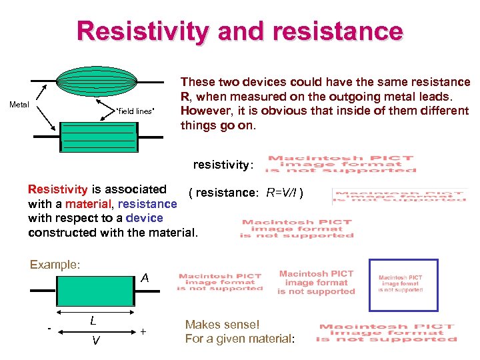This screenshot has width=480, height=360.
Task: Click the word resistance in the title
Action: (329, 31)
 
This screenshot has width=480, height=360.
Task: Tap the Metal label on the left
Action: (19, 104)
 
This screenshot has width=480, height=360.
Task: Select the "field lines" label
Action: (135, 111)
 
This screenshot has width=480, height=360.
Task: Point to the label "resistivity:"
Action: (223, 164)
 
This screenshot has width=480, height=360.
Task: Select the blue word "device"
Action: (144, 218)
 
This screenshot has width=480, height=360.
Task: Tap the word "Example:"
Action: (55, 265)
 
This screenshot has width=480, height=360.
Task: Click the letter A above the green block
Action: (145, 278)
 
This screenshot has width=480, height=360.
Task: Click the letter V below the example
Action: (96, 341)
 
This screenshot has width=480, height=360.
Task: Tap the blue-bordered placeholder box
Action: (400, 285)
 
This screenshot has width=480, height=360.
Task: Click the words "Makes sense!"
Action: (222, 325)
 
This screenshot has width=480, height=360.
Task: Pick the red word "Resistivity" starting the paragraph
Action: (57, 190)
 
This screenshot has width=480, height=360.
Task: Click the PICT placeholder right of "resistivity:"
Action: (341, 164)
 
